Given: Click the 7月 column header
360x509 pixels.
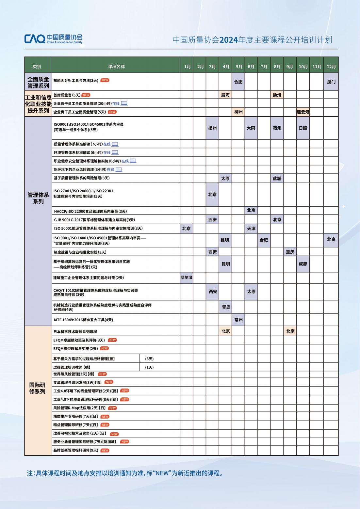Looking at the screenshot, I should tap(264, 67).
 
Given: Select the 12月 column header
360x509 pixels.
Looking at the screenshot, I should tap(331, 67).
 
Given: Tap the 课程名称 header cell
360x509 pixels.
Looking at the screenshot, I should tap(116, 67).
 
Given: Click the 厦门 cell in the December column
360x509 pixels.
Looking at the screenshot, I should tap(331, 82).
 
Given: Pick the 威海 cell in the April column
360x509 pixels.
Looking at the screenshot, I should tap(225, 95).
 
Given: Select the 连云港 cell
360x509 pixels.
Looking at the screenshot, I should tap(303, 112).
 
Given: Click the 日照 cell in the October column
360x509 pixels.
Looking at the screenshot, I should tap(303, 128).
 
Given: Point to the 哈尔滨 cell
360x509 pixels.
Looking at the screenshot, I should tap(187, 278).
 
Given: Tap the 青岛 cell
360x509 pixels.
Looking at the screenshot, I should tap(226, 307).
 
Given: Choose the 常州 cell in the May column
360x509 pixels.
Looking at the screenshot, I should tap(238, 320).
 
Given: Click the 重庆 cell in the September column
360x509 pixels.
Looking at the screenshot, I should tap(290, 252).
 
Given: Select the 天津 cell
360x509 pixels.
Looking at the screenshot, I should tap(251, 229).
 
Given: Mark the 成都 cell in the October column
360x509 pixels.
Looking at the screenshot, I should tap(303, 264).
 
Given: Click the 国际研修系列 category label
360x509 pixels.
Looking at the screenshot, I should tap(38, 388).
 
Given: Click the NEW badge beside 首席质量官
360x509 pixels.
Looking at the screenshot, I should tap(86, 95).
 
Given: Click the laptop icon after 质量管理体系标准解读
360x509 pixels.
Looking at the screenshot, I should tap(115, 144).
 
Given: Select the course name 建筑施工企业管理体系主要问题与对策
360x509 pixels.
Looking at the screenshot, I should tap(89, 278).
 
